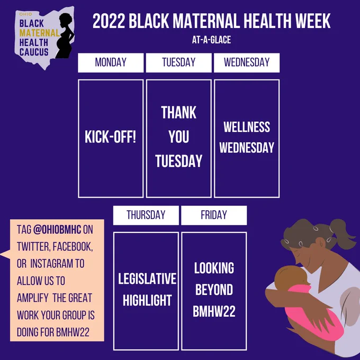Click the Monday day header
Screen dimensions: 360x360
point(111,62)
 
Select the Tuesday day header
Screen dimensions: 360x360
point(178,62)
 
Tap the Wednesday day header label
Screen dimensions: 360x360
point(247,62)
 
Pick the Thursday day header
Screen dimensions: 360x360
point(146,215)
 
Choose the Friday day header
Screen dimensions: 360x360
point(214,215)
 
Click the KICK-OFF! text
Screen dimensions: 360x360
point(111,137)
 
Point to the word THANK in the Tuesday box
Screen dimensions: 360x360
point(178,112)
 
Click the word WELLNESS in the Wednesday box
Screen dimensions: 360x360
point(247,127)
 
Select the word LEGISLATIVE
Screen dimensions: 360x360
point(147,278)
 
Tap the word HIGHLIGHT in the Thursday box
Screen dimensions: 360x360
point(147,300)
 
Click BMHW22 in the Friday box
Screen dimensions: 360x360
point(214,311)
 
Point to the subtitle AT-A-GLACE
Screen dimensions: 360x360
point(211,40)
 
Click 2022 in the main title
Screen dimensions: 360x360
point(109,21)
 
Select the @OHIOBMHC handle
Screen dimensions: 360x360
point(57,230)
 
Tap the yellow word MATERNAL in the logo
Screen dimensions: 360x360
point(39,33)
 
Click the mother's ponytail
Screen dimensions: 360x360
point(343,232)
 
